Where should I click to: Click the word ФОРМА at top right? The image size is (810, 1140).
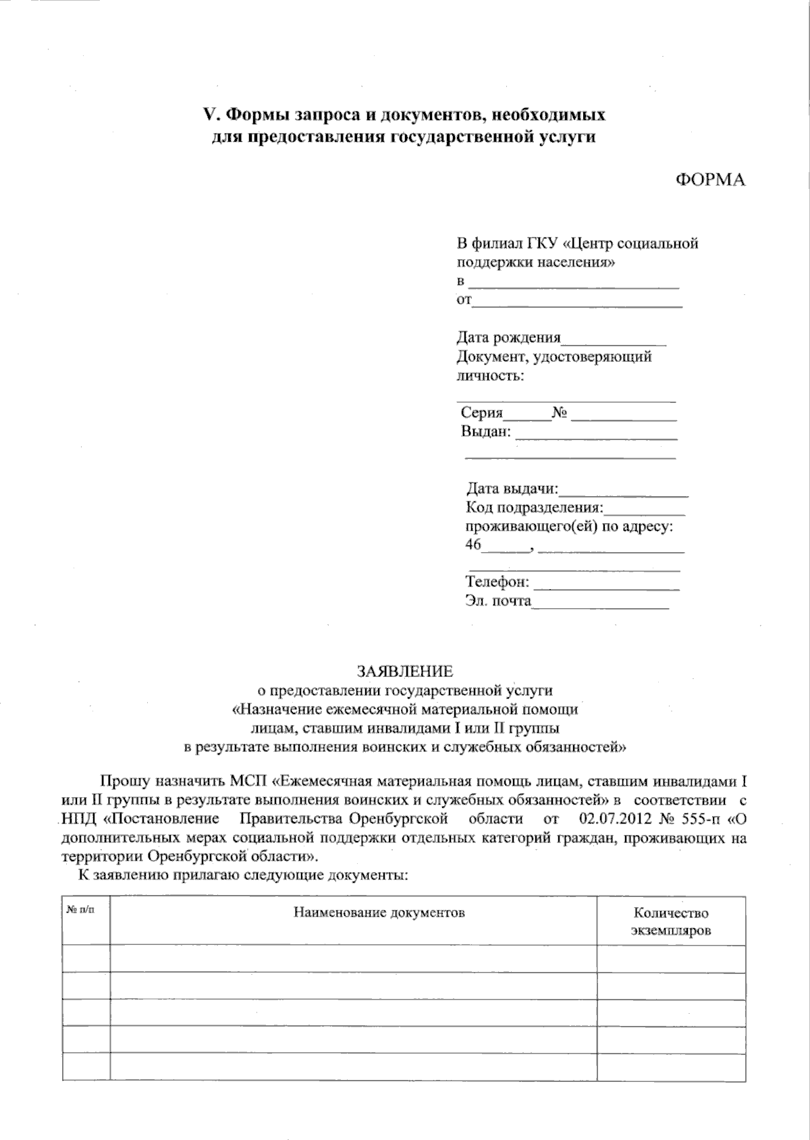(710, 180)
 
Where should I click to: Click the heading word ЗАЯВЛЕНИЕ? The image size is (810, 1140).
(405, 671)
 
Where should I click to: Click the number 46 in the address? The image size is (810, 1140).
(473, 545)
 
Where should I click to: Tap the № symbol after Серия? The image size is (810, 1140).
(558, 413)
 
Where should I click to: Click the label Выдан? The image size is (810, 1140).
(486, 431)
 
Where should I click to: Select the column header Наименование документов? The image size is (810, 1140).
(379, 913)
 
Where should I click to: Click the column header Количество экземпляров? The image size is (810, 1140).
(671, 921)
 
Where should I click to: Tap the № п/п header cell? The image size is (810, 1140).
(80, 911)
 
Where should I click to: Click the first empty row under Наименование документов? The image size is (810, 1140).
(352, 958)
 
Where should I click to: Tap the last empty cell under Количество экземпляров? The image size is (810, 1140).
(671, 1066)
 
